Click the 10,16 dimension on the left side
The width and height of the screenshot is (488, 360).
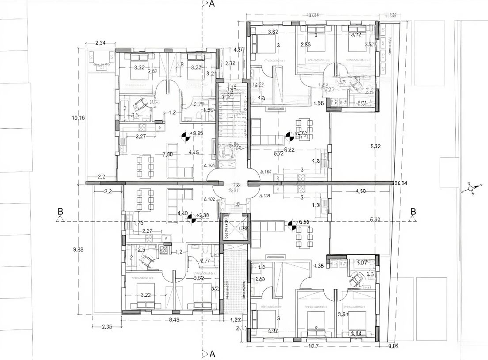(x=78, y=118)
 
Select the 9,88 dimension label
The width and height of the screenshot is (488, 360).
(x=78, y=249)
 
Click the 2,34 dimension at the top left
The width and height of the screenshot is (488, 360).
(x=100, y=43)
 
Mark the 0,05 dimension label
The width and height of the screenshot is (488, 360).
(x=393, y=346)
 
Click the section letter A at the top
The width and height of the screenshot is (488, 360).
(x=211, y=4)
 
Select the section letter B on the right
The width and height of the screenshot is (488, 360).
(x=413, y=211)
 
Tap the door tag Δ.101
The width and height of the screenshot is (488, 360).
(x=209, y=166)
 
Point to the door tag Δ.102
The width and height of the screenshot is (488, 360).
(x=209, y=199)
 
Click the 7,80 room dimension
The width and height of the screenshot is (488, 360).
(x=168, y=154)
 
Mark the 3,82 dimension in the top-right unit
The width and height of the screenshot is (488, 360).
(x=273, y=32)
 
